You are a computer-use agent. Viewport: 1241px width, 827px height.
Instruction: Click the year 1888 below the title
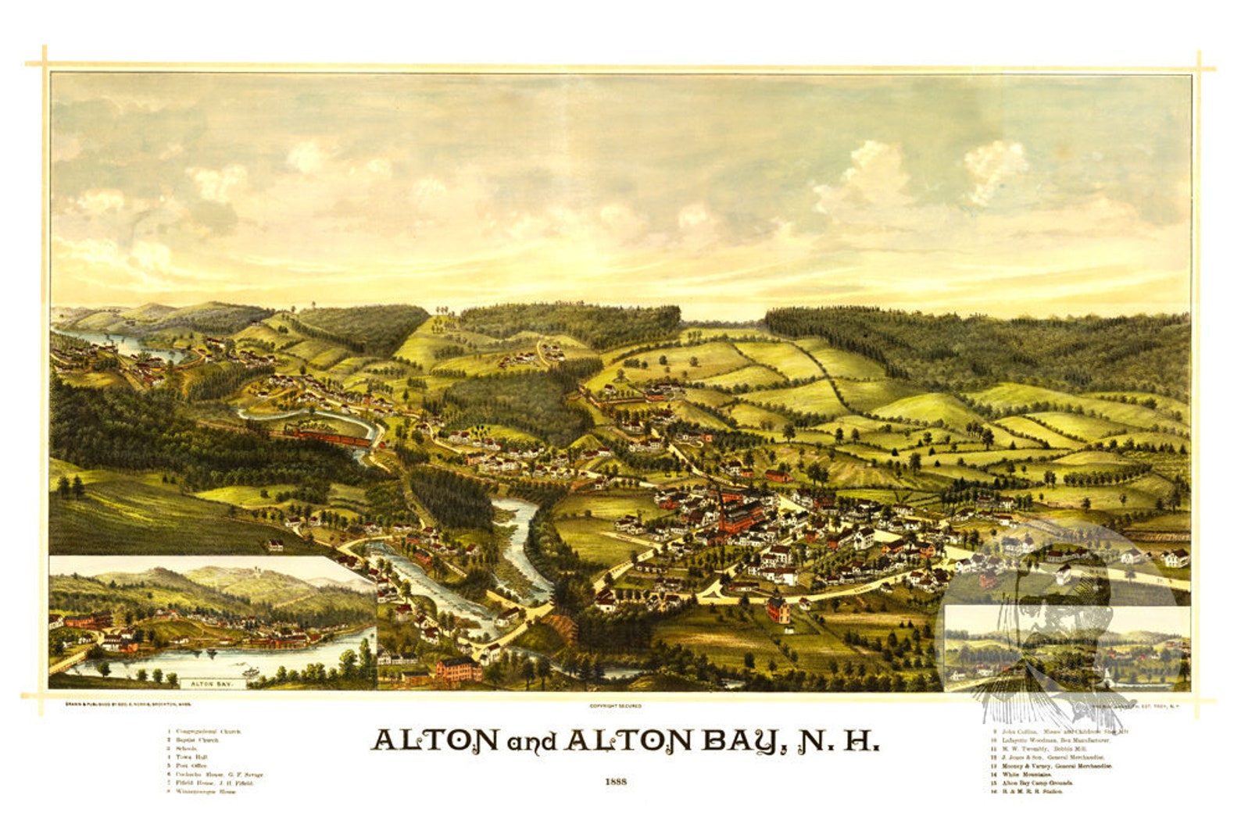pyautogui.click(x=616, y=781)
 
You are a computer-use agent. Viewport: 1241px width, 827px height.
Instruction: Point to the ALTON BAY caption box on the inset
pyautogui.click(x=212, y=683)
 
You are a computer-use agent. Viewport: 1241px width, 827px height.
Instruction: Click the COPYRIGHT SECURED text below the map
pyautogui.click(x=616, y=706)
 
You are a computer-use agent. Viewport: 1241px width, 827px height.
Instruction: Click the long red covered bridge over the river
pyautogui.click(x=328, y=437)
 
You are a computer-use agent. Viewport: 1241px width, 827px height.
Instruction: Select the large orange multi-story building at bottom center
pyautogui.click(x=458, y=669)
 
